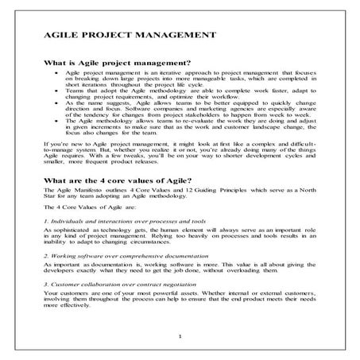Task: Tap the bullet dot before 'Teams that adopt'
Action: click(x=55, y=91)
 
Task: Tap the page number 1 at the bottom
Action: click(x=180, y=337)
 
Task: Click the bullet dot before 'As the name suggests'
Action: click(x=55, y=103)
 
